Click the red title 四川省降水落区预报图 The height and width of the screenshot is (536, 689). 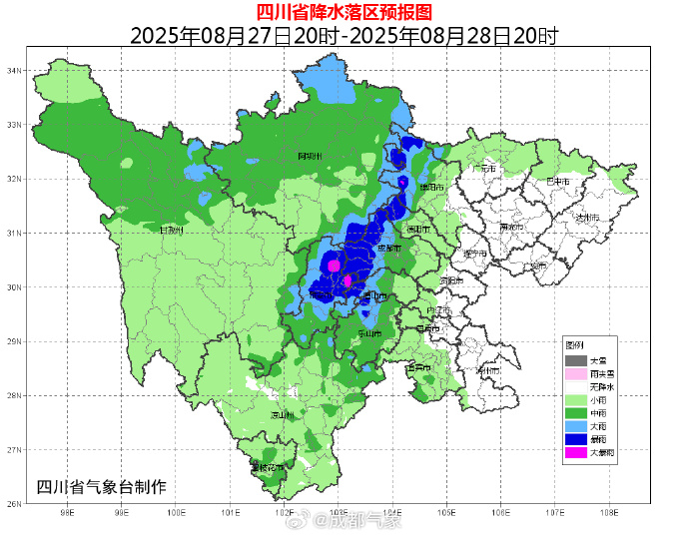344,12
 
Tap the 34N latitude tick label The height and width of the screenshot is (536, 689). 14,71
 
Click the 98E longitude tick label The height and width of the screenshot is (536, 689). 68,512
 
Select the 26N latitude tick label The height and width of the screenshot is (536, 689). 14,504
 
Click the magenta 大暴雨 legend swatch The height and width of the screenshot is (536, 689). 576,452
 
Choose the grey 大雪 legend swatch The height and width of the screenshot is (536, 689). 576,360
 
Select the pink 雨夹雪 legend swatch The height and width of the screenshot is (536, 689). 576,373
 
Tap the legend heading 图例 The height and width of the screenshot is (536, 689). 572,344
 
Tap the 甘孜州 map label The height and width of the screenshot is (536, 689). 172,229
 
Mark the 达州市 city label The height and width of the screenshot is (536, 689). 587,218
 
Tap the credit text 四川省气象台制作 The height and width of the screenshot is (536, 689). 101,486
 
